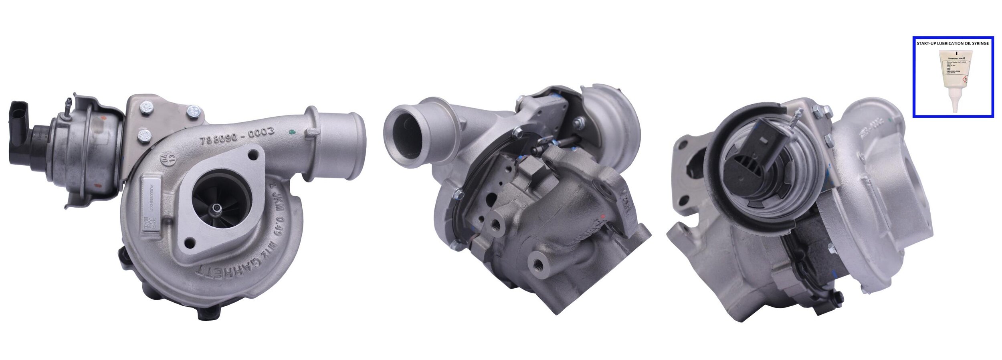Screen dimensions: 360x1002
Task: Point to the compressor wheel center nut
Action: [217, 207]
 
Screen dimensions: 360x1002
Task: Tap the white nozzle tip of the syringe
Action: [953, 106]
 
